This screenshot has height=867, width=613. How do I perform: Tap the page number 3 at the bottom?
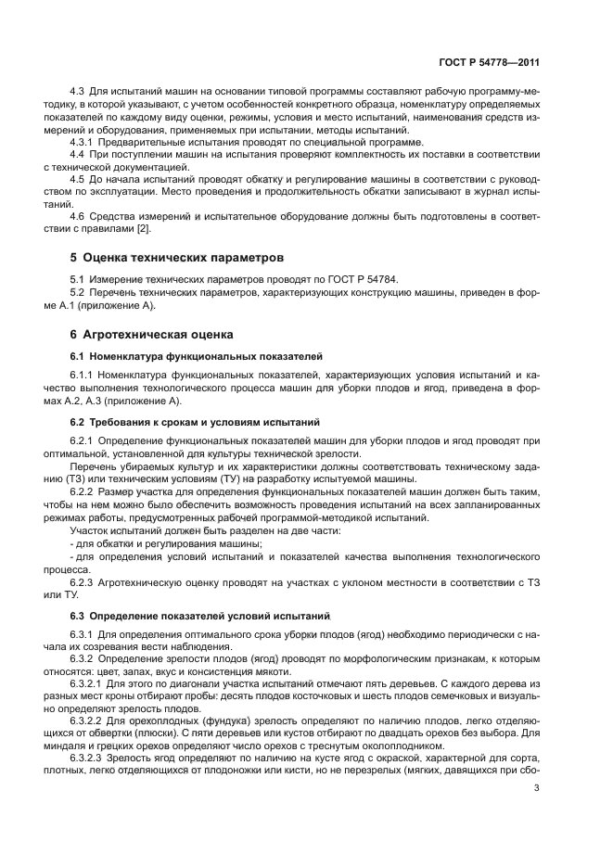coord(537,789)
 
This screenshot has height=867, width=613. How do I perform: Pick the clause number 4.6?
coord(78,217)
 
